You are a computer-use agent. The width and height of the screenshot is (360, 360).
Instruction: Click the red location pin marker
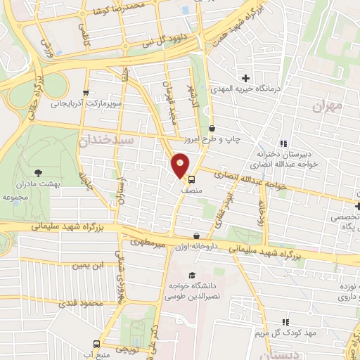(181, 165)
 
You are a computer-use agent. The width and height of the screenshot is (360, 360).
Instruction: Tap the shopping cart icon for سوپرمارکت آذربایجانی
(86, 92)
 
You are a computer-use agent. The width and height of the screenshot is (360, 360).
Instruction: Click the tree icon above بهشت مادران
(37, 172)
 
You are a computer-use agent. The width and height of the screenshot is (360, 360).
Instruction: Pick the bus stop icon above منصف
(191, 179)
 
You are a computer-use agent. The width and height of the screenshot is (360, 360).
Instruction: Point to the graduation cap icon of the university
(191, 275)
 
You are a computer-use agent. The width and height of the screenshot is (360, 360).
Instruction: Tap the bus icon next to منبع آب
(97, 345)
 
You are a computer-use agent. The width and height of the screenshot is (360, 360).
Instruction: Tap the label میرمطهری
(146, 243)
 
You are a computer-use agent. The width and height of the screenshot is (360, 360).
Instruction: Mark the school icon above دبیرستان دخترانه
(285, 143)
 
